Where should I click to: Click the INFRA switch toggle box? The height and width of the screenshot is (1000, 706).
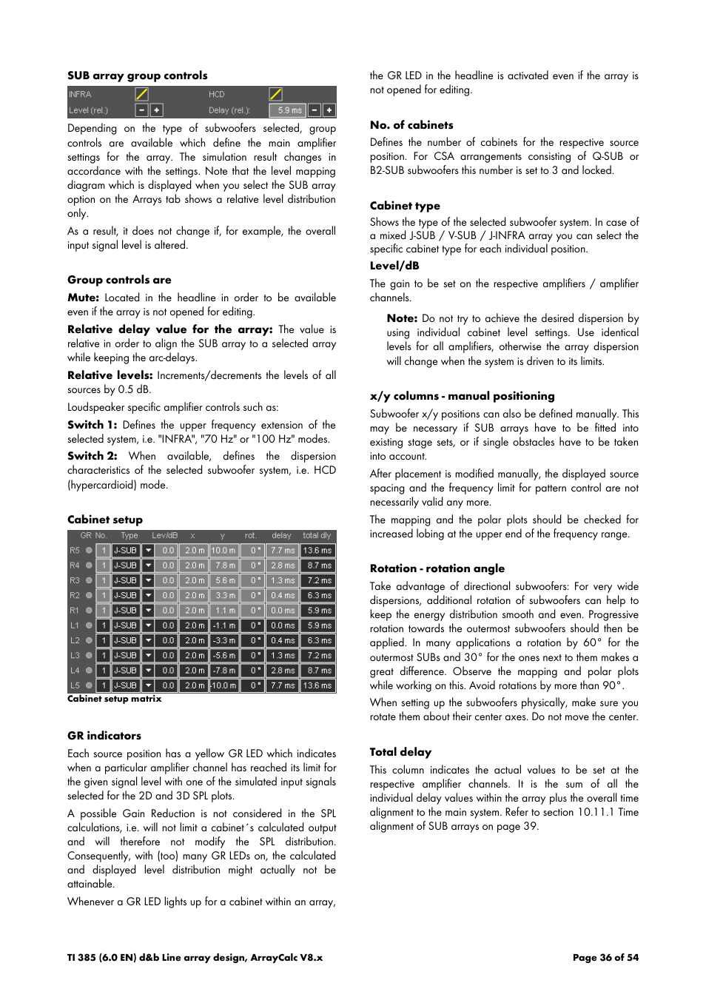pyautogui.click(x=141, y=94)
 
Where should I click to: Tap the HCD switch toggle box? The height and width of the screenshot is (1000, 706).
pyautogui.click(x=275, y=94)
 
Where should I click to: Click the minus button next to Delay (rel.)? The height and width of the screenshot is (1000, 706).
pyautogui.click(x=315, y=110)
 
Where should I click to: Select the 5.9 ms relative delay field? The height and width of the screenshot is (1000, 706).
pyautogui.click(x=289, y=110)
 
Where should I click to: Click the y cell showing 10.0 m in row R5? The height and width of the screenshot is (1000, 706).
pyautogui.click(x=223, y=551)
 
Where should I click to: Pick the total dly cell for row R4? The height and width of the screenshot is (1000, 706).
pyautogui.click(x=318, y=566)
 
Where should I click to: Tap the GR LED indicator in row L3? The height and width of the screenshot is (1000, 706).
pyautogui.click(x=89, y=656)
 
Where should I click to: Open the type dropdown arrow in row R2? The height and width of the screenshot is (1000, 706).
pyautogui.click(x=148, y=596)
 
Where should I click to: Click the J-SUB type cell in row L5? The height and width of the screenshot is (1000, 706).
pyautogui.click(x=125, y=685)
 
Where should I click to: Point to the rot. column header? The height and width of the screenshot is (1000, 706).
pyautogui.click(x=251, y=535)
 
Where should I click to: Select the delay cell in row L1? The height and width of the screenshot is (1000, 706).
pyautogui.click(x=283, y=625)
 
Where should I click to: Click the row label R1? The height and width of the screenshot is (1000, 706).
pyautogui.click(x=75, y=611)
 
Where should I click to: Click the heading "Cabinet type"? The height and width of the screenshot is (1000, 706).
pyautogui.click(x=405, y=206)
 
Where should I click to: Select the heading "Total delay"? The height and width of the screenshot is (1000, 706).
pyautogui.click(x=400, y=752)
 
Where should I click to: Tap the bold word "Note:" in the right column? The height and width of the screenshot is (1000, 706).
pyautogui.click(x=402, y=318)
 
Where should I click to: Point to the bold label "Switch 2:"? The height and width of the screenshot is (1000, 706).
pyautogui.click(x=93, y=456)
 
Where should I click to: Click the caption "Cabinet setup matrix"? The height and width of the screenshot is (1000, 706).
pyautogui.click(x=114, y=699)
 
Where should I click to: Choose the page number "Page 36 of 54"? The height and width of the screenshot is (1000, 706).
pyautogui.click(x=605, y=957)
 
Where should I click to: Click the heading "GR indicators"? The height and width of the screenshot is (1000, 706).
pyautogui.click(x=104, y=736)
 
